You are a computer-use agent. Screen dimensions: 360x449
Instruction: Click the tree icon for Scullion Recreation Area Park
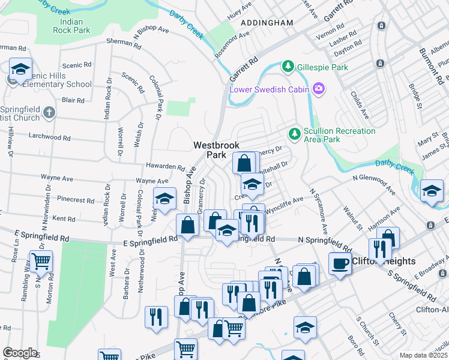click(x=295, y=133)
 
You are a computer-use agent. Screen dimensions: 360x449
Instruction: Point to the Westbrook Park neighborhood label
click(x=209, y=149)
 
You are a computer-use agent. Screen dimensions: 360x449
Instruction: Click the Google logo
click(x=20, y=353)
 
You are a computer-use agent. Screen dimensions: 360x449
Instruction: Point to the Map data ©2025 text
click(x=423, y=355)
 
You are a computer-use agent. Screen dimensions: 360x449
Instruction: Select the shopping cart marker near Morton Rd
click(x=41, y=262)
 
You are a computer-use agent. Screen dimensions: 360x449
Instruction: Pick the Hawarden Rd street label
click(x=164, y=166)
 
